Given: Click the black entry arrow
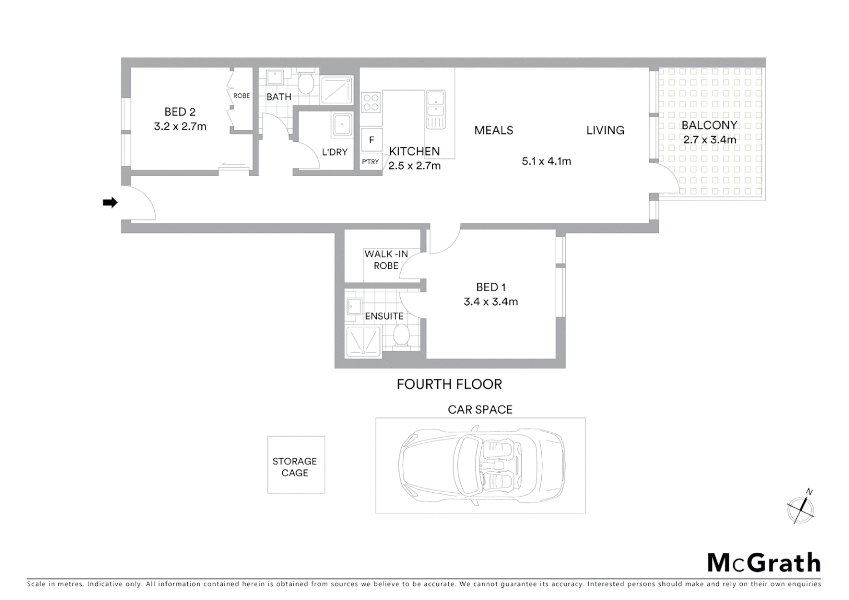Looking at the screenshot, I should coord(110,203).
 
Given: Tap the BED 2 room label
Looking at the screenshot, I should coord(179,112).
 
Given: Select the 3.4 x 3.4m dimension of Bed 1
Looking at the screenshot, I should coord(491,302).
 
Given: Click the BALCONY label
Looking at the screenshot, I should coord(709,126).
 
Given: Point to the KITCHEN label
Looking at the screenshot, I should coord(414,151).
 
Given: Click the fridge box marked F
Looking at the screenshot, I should coord(372,140).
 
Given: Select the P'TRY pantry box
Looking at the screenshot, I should coord(371,162).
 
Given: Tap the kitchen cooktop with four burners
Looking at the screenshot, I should coord(371,103).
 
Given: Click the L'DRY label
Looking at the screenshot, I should coord(334,152).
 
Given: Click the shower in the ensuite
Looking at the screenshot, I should coord(363,341).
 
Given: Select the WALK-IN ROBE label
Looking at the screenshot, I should coord(386,259).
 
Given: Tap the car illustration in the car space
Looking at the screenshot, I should coord(481,466).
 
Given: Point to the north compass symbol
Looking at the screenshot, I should coord(801,508).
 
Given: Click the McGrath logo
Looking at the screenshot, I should coord(763,563).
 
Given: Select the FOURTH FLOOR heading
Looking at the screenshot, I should coord(449,384).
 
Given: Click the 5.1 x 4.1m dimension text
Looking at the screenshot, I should coord(546,162).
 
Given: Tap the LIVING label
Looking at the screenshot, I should coord(605,131).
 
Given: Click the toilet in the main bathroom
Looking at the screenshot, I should coord(305,83).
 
